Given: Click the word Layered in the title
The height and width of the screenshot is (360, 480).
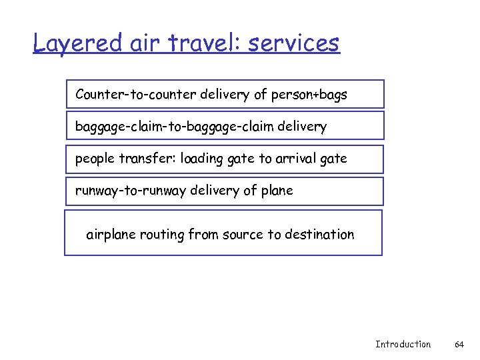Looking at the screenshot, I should click(x=78, y=44).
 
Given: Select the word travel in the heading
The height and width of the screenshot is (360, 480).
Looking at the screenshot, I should click(x=204, y=44).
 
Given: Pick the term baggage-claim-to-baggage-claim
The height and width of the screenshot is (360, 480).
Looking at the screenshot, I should click(x=173, y=127).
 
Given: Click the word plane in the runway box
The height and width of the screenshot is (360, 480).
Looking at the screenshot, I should click(x=277, y=191).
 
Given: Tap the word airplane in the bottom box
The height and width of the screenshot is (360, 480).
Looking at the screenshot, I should click(x=111, y=235).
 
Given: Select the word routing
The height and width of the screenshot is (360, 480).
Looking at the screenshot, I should click(x=162, y=235).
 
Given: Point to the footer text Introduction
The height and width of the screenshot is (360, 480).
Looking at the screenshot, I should click(x=403, y=344).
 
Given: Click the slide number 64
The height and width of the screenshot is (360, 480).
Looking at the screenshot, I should click(x=459, y=344).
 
